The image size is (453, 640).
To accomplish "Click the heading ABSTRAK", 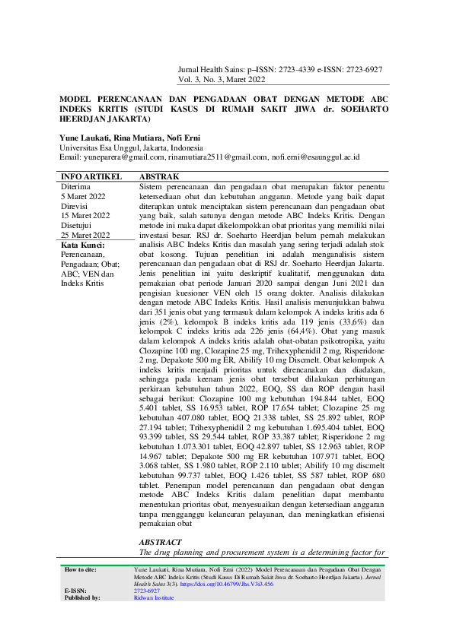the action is pyautogui.click(x=159, y=176).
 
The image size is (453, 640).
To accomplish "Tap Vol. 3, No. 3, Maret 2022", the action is pyautogui.click(x=222, y=78).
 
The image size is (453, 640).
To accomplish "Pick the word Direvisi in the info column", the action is pyautogui.click(x=75, y=206).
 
